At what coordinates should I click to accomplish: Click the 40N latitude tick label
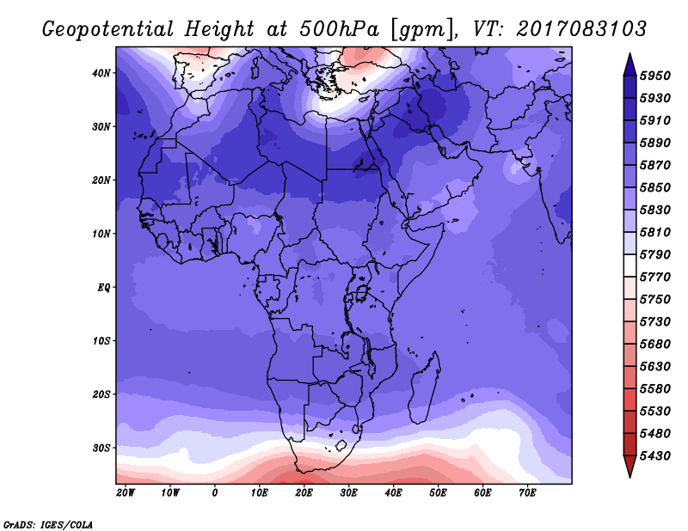point(101,73)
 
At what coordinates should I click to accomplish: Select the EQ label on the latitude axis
point(103,287)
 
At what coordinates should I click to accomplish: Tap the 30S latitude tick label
point(101,448)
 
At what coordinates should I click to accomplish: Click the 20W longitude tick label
point(126,493)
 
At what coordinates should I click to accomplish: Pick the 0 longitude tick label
point(215,493)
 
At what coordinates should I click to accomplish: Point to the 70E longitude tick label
point(527,493)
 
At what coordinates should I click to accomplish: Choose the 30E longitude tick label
point(348,493)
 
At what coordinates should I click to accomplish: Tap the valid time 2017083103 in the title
point(580,28)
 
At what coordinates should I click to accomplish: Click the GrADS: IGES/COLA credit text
point(48,522)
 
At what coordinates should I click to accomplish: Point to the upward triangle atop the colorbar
point(629,63)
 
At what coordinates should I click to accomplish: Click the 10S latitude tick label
point(101,341)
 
